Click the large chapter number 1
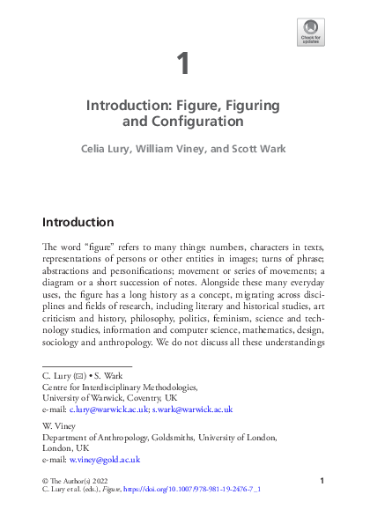182,63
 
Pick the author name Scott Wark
258,151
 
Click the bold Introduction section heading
78,222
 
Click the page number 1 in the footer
322,480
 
